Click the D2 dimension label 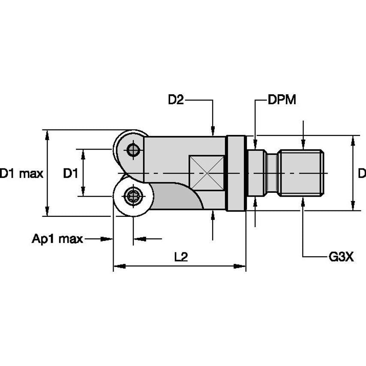point(176,100)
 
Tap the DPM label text point(282,100)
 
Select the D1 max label point(21,174)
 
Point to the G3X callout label point(341,257)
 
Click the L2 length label point(181,257)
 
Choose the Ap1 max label point(57,239)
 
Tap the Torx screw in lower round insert point(132,197)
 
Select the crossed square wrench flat point(207,173)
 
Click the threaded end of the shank point(301,173)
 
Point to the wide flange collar point(236,173)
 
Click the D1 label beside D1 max point(70,174)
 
